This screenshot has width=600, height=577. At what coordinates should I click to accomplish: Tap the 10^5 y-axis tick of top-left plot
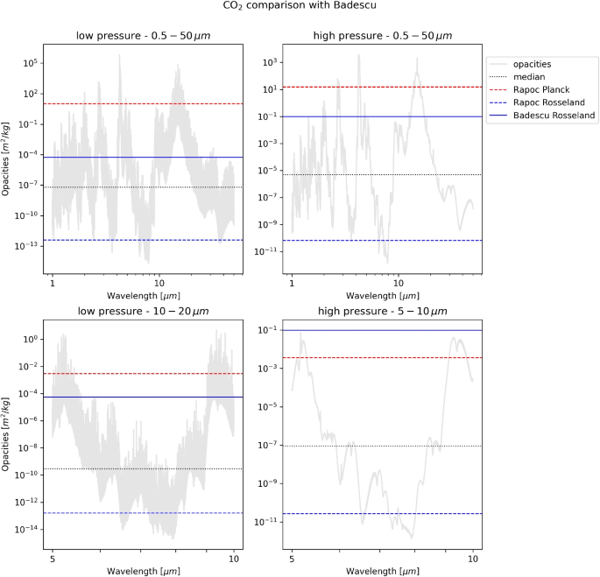[x=33, y=63]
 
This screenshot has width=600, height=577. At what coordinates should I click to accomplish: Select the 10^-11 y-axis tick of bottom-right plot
[x=270, y=522]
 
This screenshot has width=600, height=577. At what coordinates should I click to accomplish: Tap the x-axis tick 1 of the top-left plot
[x=53, y=284]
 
